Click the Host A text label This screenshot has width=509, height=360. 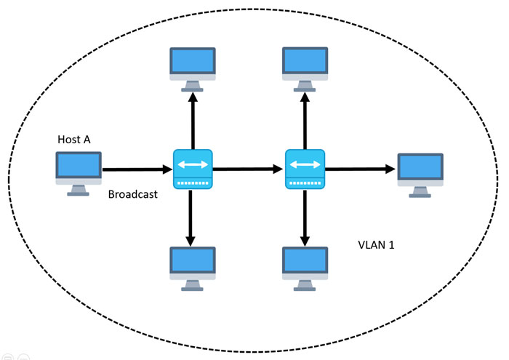coord(74,139)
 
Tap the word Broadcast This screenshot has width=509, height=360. coord(133,194)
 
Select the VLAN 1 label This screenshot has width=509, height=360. coord(376,245)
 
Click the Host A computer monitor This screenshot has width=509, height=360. coord(79,174)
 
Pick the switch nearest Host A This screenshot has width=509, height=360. coord(193,169)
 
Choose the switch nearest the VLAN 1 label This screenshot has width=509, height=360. coord(305,169)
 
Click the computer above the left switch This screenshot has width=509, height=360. coord(193,70)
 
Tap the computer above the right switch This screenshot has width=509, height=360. coord(305,70)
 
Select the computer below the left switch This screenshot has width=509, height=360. coord(193,269)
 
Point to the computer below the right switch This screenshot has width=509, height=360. coord(305,269)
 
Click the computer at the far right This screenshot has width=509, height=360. coord(420,175)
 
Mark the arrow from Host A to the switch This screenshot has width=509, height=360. coord(137,169)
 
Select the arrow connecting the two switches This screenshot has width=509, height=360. coord(249,169)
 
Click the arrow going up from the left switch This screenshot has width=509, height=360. coord(193,121)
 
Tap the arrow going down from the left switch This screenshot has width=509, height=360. coord(191,217)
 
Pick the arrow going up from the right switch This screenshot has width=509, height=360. coord(305,121)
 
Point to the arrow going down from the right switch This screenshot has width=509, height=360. coord(305,217)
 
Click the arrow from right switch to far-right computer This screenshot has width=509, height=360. coord(361,169)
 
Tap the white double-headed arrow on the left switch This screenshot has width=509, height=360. coord(193,164)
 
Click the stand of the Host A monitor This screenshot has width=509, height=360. coord(79,191)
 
